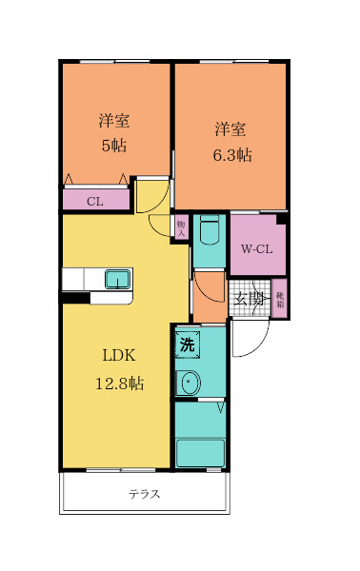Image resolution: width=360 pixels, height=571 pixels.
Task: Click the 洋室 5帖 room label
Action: (114, 121)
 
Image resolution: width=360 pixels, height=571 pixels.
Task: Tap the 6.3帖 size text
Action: (231, 155)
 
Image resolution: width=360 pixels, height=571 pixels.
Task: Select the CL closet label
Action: (94, 201)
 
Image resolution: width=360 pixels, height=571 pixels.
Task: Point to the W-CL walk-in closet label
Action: (255, 250)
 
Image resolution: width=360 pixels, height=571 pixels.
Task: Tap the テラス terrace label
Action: (144, 494)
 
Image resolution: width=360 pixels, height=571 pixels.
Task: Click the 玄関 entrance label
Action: (250, 299)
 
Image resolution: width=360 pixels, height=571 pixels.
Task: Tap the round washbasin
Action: (190, 384)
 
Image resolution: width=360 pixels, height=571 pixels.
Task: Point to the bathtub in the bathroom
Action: (200, 452)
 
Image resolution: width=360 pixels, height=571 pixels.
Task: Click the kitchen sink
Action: (117, 279)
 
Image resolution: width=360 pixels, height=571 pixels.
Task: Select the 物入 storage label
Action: (181, 226)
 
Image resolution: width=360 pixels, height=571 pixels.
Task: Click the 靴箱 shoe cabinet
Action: (280, 299)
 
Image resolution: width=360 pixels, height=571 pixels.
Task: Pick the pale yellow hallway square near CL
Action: (150, 195)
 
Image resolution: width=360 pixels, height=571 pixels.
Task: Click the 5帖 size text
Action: (114, 147)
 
